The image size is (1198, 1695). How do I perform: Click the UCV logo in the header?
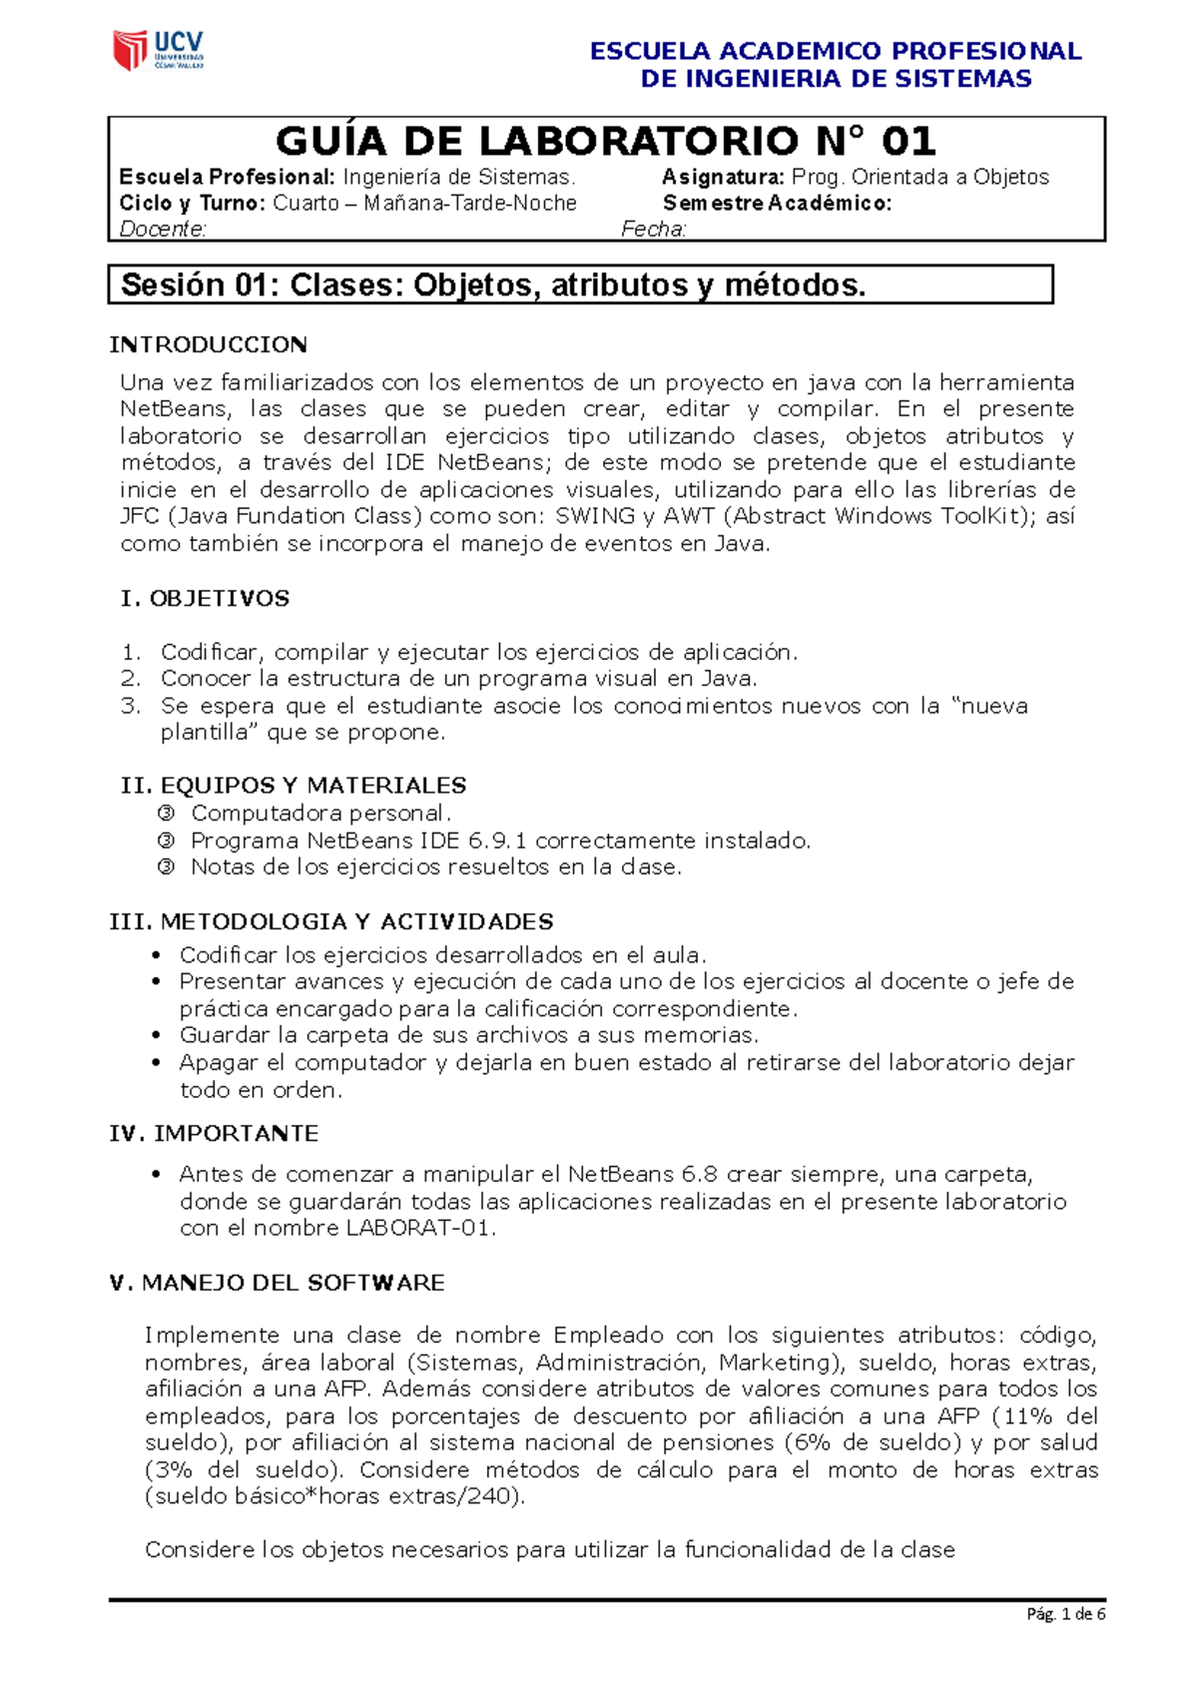(158, 50)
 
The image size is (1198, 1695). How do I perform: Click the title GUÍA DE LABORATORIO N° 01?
(605, 142)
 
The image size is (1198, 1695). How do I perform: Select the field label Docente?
(163, 230)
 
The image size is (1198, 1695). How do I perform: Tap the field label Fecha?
(654, 230)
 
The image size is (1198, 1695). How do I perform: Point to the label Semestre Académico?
(777, 204)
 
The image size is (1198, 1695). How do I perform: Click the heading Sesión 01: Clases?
(493, 285)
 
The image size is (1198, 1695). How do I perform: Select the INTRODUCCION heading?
(208, 345)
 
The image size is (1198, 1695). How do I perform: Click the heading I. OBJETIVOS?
(205, 599)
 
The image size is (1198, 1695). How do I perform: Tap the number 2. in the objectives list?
(131, 679)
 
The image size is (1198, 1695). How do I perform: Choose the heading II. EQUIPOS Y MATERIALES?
(294, 786)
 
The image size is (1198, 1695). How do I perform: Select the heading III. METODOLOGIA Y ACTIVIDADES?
(331, 921)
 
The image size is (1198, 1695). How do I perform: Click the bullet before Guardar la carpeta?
(156, 1035)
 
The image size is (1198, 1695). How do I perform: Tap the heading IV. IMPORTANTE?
(214, 1134)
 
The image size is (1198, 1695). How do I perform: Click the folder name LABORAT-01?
(419, 1229)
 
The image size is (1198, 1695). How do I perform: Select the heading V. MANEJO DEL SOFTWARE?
(277, 1283)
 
